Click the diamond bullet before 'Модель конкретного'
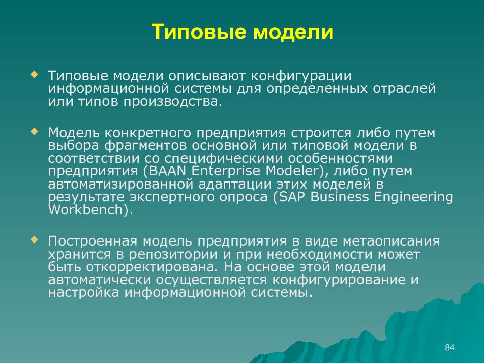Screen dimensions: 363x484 34,131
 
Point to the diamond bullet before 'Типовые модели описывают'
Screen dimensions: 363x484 34,74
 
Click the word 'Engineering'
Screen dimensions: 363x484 411,197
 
